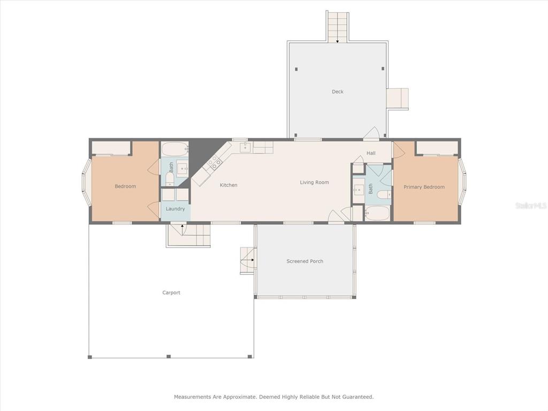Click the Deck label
tap(338, 92)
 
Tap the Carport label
tap(171, 293)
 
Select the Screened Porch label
tap(305, 261)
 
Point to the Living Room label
tap(314, 182)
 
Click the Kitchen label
tap(229, 185)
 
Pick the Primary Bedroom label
tap(424, 187)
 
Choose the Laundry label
tap(175, 209)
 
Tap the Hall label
tap(371, 153)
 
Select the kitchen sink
tap(245, 147)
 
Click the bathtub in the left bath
tap(175, 149)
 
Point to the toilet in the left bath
tap(170, 180)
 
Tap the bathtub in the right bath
tap(377, 213)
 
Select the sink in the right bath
tap(358, 191)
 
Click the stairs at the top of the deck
tap(338, 26)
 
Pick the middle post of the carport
tap(169, 356)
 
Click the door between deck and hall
tap(371, 133)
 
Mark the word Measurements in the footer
tap(193, 397)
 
